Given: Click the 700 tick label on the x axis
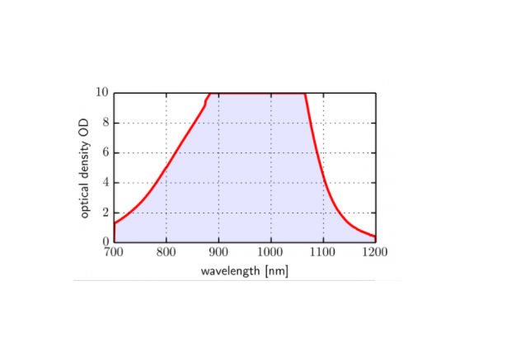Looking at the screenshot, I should click(x=114, y=254).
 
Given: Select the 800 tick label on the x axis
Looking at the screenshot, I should click(x=167, y=254).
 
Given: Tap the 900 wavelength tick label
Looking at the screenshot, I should click(x=218, y=254).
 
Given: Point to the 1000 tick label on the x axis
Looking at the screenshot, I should click(x=270, y=254).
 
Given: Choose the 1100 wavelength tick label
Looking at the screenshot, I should click(x=323, y=254).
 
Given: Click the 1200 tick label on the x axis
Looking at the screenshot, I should click(x=375, y=254).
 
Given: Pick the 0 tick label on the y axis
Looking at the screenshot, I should click(x=106, y=243).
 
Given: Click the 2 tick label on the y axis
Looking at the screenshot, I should click(x=106, y=213).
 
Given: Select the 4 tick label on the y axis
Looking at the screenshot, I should click(x=106, y=183).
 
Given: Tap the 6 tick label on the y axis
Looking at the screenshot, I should click(x=106, y=152).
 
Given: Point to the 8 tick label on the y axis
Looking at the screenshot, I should click(x=106, y=123).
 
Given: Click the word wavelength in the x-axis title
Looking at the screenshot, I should click(x=228, y=271).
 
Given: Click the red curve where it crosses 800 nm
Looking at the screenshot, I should click(x=167, y=168).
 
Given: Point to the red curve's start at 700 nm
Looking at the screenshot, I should click(x=115, y=223).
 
